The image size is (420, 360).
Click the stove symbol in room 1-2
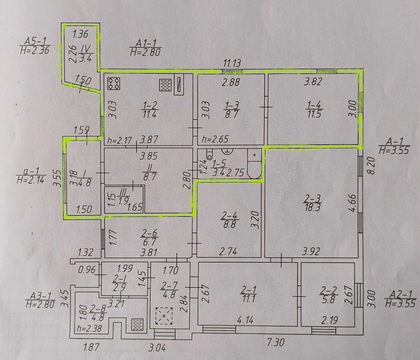(x=113, y=83)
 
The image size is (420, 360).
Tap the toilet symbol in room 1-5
(x=209, y=153)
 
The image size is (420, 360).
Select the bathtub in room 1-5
(x=254, y=164)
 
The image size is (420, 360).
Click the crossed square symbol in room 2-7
(x=164, y=316)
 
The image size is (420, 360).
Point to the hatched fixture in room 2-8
(x=138, y=324)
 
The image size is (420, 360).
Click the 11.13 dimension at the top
(x=232, y=63)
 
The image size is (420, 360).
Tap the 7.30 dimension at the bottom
(x=276, y=342)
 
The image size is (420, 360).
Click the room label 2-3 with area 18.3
(x=312, y=203)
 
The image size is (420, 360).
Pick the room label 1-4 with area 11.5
(x=314, y=109)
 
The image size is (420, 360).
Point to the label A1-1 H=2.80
(x=145, y=48)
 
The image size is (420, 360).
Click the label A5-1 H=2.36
(x=35, y=46)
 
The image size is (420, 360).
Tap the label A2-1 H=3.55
(x=400, y=299)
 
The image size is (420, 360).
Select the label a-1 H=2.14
(x=31, y=176)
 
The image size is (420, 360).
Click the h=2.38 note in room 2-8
(x=89, y=328)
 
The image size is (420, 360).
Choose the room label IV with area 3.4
(x=86, y=53)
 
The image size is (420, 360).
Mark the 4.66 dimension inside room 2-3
(x=353, y=203)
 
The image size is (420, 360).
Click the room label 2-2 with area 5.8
(x=329, y=295)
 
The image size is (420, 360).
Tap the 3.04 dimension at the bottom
(x=157, y=348)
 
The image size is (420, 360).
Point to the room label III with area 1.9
(x=123, y=196)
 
